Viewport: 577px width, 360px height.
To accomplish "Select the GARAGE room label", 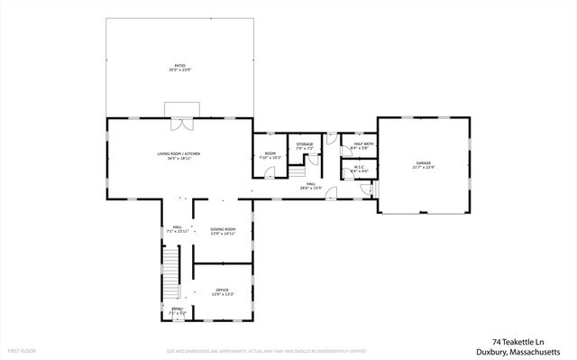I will click(424, 163).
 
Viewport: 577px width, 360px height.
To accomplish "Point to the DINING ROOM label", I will click(223, 229).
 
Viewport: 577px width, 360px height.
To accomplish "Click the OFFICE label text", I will click(223, 290).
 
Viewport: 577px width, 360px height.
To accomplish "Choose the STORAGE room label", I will click(305, 144).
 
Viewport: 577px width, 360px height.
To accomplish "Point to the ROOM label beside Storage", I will click(270, 153).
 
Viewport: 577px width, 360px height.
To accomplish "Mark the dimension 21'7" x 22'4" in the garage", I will click(424, 169).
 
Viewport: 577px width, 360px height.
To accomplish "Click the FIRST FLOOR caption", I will click(21, 349).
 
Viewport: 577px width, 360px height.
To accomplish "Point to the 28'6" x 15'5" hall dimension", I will click(310, 189).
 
